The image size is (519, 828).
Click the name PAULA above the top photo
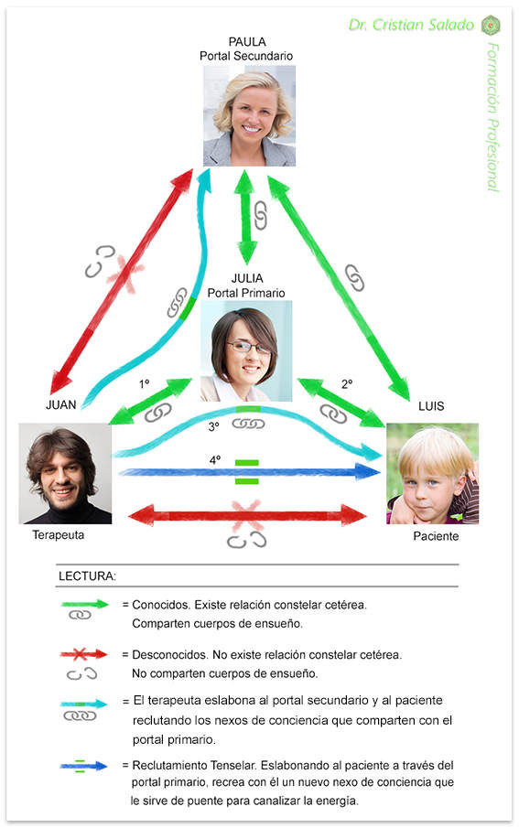coord(247,41)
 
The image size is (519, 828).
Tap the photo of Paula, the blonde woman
coord(250,115)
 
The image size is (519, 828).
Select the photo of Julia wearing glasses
coord(246,351)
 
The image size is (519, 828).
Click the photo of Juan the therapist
coord(66,474)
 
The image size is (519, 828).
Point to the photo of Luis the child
coord(433,474)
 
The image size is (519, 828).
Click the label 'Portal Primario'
coord(245,293)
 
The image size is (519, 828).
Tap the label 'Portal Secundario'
coord(246,56)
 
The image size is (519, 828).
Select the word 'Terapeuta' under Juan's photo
coord(59,535)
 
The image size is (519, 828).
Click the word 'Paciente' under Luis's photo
coord(436,536)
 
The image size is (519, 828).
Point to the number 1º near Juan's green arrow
coord(145,384)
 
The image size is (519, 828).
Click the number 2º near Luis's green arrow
coord(347,384)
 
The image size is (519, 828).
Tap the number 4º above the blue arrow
coord(214,460)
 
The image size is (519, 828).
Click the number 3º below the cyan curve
coord(213,426)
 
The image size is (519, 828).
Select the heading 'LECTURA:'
coord(87,576)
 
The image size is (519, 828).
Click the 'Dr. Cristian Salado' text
coord(411,25)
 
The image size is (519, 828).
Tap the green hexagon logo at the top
coord(491,25)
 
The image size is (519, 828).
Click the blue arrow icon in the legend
coord(83,766)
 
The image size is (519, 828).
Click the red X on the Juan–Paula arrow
coord(125,273)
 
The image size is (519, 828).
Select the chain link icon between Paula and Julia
coord(260,215)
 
